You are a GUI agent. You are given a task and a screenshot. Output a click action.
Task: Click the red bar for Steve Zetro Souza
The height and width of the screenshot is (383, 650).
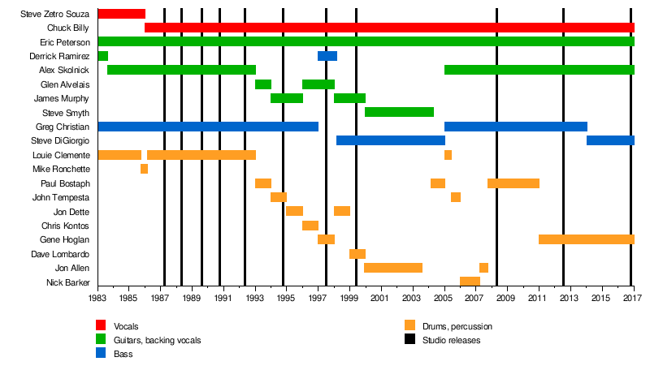click(121, 14)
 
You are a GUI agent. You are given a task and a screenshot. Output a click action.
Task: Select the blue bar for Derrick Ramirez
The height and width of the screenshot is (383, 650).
click(327, 56)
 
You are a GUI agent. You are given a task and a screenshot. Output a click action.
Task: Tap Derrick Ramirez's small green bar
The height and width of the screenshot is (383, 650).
click(102, 56)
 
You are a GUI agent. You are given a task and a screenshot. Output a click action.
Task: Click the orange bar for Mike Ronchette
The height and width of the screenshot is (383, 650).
click(144, 169)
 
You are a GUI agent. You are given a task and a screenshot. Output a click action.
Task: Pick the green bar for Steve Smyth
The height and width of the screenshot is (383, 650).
click(399, 112)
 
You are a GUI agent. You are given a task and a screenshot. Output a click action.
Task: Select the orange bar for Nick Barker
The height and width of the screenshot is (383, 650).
click(470, 282)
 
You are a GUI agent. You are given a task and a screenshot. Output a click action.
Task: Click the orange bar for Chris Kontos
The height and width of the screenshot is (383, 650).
click(310, 226)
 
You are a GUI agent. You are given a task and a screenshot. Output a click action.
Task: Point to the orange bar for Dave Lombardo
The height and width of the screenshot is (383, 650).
click(357, 254)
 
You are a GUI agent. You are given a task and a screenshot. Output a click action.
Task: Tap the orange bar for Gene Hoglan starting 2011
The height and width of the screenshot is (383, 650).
click(586, 239)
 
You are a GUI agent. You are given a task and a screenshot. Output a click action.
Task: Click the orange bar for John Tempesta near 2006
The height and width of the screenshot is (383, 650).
click(456, 197)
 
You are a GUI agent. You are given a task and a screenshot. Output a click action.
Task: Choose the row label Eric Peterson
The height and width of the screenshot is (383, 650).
click(64, 42)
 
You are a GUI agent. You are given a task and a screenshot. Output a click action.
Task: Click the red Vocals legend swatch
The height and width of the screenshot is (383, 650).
click(102, 326)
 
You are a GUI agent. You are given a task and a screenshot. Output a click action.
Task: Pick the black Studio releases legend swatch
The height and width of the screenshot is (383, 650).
click(410, 340)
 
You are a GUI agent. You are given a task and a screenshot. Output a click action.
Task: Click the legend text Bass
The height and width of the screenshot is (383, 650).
click(123, 354)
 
